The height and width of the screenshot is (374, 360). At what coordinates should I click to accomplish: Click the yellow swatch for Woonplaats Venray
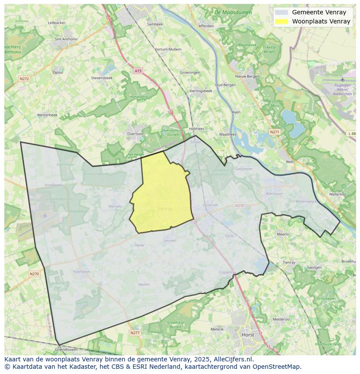click(282, 21)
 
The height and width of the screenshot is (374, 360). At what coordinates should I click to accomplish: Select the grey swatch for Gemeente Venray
click(282, 13)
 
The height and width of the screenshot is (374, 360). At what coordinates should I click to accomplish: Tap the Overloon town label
click(135, 134)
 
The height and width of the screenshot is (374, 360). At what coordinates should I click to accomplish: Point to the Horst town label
click(248, 335)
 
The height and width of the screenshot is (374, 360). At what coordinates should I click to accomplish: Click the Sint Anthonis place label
click(66, 39)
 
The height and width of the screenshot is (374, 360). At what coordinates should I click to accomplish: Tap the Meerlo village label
click(283, 234)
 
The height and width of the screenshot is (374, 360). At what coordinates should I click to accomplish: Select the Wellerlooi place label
click(337, 194)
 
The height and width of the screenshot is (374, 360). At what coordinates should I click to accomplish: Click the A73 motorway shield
click(138, 71)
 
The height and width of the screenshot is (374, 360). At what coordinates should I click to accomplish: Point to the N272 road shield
click(24, 79)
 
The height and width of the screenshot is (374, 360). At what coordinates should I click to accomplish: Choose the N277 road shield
click(135, 333)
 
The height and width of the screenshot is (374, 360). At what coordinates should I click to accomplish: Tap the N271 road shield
click(274, 132)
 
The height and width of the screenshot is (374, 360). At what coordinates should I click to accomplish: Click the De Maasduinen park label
click(233, 13)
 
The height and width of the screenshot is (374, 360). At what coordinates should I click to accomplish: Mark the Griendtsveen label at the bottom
click(67, 349)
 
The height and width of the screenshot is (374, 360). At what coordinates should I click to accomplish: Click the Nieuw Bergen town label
click(247, 76)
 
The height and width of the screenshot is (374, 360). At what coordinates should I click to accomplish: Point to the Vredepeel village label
click(53, 185)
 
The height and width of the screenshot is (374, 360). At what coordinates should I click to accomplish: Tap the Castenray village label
click(227, 272)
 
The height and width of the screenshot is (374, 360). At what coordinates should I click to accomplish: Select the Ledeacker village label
click(57, 23)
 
